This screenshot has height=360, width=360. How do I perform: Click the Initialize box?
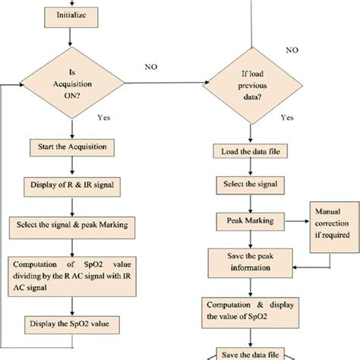pos(71,14)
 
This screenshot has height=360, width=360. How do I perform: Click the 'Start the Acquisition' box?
pos(71,146)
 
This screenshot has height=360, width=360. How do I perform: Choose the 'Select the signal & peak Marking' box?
pos(71,226)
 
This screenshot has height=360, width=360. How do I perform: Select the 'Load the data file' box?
pos(250,153)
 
